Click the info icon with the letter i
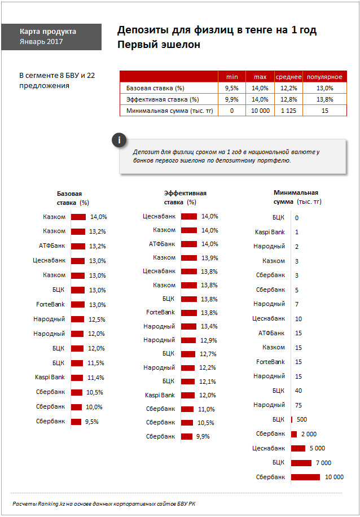click(x=119, y=140)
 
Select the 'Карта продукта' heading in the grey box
click(x=48, y=32)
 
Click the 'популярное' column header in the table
click(x=324, y=77)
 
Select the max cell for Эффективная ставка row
click(x=261, y=99)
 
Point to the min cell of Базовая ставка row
click(x=232, y=88)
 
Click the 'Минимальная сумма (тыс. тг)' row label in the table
click(x=170, y=111)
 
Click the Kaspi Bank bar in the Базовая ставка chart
click(x=77, y=378)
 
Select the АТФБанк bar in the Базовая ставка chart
click(x=78, y=246)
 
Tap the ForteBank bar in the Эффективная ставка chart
click(x=188, y=313)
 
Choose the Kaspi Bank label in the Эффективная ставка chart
click(x=160, y=395)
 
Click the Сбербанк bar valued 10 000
click(x=306, y=477)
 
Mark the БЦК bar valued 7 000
click(x=301, y=463)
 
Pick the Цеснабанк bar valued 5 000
click(x=298, y=448)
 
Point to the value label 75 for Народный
click(x=298, y=405)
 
